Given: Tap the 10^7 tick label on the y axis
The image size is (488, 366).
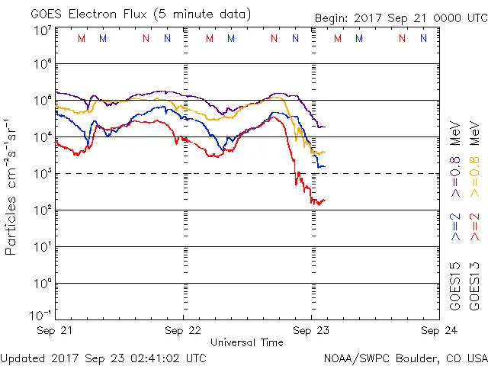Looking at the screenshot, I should (x=41, y=30).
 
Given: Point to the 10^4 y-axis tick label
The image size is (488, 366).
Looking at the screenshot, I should (x=41, y=136).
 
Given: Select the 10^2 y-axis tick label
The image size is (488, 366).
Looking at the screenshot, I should (x=41, y=210).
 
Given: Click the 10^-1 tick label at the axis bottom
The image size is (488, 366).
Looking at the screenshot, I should (x=40, y=316).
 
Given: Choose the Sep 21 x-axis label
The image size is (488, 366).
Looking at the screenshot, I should (x=56, y=331).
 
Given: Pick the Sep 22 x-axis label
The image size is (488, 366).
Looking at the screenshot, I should (x=183, y=331).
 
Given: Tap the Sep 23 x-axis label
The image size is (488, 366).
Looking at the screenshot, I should (x=310, y=331).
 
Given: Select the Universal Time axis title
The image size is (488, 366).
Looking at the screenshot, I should (x=247, y=342).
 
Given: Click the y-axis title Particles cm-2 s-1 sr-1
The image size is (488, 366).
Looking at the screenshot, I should (x=11, y=187).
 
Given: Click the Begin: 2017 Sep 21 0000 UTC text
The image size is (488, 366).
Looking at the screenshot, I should (x=400, y=18).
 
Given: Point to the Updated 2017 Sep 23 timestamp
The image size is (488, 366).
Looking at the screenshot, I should (x=103, y=357).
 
